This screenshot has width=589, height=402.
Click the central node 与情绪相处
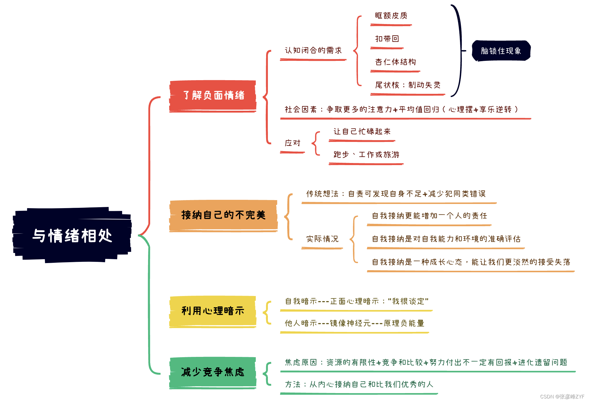[x=72, y=235]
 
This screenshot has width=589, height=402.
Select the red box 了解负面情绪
[x=213, y=96]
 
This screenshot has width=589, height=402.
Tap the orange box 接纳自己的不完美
[x=223, y=215]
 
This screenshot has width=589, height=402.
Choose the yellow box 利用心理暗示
[x=213, y=311]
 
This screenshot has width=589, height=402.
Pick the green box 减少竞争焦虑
[x=213, y=372]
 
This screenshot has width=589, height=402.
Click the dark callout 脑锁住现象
[x=501, y=51]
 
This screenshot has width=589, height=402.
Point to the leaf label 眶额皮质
[x=391, y=16]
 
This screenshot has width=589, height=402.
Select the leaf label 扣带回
[x=387, y=39]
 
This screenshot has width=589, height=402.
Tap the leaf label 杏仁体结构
[x=395, y=62]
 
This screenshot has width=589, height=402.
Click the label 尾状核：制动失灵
[x=408, y=85]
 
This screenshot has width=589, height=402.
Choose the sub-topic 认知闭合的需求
[x=313, y=50]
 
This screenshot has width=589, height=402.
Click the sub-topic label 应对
[x=293, y=143]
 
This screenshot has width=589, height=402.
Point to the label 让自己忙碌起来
[x=362, y=132]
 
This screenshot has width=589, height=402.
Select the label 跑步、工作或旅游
[x=366, y=155]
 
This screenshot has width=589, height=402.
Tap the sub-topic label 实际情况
[x=322, y=239]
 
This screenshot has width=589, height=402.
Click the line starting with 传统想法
[x=396, y=194]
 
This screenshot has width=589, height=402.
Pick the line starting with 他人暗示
[x=354, y=323]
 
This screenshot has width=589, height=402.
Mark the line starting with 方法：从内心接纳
[x=359, y=384]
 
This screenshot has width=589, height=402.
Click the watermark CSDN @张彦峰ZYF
[x=562, y=397]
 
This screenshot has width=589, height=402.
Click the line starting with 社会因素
[x=401, y=110]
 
